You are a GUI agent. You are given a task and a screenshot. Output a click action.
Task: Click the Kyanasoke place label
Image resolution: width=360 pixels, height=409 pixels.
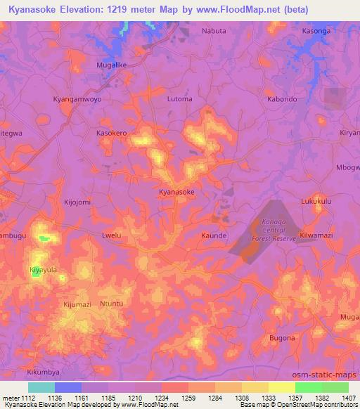click(x=176, y=191)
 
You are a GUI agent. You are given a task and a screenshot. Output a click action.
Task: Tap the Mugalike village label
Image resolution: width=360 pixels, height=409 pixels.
click(x=110, y=64)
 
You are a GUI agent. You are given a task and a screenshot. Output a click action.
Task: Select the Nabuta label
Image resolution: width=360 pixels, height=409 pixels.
click(x=214, y=31)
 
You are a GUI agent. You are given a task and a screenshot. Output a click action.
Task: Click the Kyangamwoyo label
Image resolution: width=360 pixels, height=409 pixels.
click(x=77, y=99)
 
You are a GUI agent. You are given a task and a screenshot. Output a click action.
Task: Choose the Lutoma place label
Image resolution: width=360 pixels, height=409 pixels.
click(x=179, y=99)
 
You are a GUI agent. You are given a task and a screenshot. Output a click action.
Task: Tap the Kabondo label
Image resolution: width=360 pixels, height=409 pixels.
click(x=282, y=99)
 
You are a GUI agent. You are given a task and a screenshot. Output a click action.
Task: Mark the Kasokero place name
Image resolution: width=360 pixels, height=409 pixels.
click(x=111, y=132)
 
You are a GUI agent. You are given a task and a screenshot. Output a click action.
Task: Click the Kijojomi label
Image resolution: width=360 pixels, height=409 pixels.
click(x=77, y=202)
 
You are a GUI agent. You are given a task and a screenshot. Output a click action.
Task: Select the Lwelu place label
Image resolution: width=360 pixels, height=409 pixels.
click(x=112, y=235)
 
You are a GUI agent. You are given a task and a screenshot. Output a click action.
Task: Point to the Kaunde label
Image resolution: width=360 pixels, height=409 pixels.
click(x=214, y=235)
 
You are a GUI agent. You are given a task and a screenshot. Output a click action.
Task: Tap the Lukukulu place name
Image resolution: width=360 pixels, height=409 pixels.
click(x=316, y=202)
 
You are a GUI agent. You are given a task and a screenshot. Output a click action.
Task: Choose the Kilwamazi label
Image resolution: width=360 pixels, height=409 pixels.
click(x=316, y=235)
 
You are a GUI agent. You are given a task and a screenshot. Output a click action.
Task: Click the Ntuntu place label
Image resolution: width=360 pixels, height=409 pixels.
click(x=111, y=304)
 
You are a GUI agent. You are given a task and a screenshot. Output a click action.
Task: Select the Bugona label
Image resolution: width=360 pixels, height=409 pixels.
click(x=282, y=338)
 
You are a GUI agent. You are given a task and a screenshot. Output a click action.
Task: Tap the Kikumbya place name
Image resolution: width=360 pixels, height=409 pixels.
click(x=43, y=370)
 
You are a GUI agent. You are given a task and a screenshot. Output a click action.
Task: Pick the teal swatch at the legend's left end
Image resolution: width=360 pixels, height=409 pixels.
click(x=41, y=387)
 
